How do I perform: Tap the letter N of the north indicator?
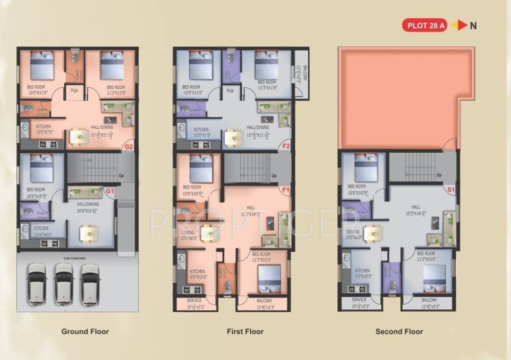(x=473, y=26)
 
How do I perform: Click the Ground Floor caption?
(x=85, y=331)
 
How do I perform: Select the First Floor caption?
(x=245, y=331)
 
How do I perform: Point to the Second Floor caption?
(x=399, y=331)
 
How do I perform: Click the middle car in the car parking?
(x=63, y=284)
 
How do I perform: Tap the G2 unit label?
(x=129, y=146)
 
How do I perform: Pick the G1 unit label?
(x=110, y=191)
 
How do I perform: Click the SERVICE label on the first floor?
(x=194, y=300)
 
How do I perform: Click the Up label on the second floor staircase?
(x=439, y=175)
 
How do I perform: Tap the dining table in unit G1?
(x=89, y=233)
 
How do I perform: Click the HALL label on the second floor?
(x=415, y=207)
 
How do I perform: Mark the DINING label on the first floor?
(x=188, y=232)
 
